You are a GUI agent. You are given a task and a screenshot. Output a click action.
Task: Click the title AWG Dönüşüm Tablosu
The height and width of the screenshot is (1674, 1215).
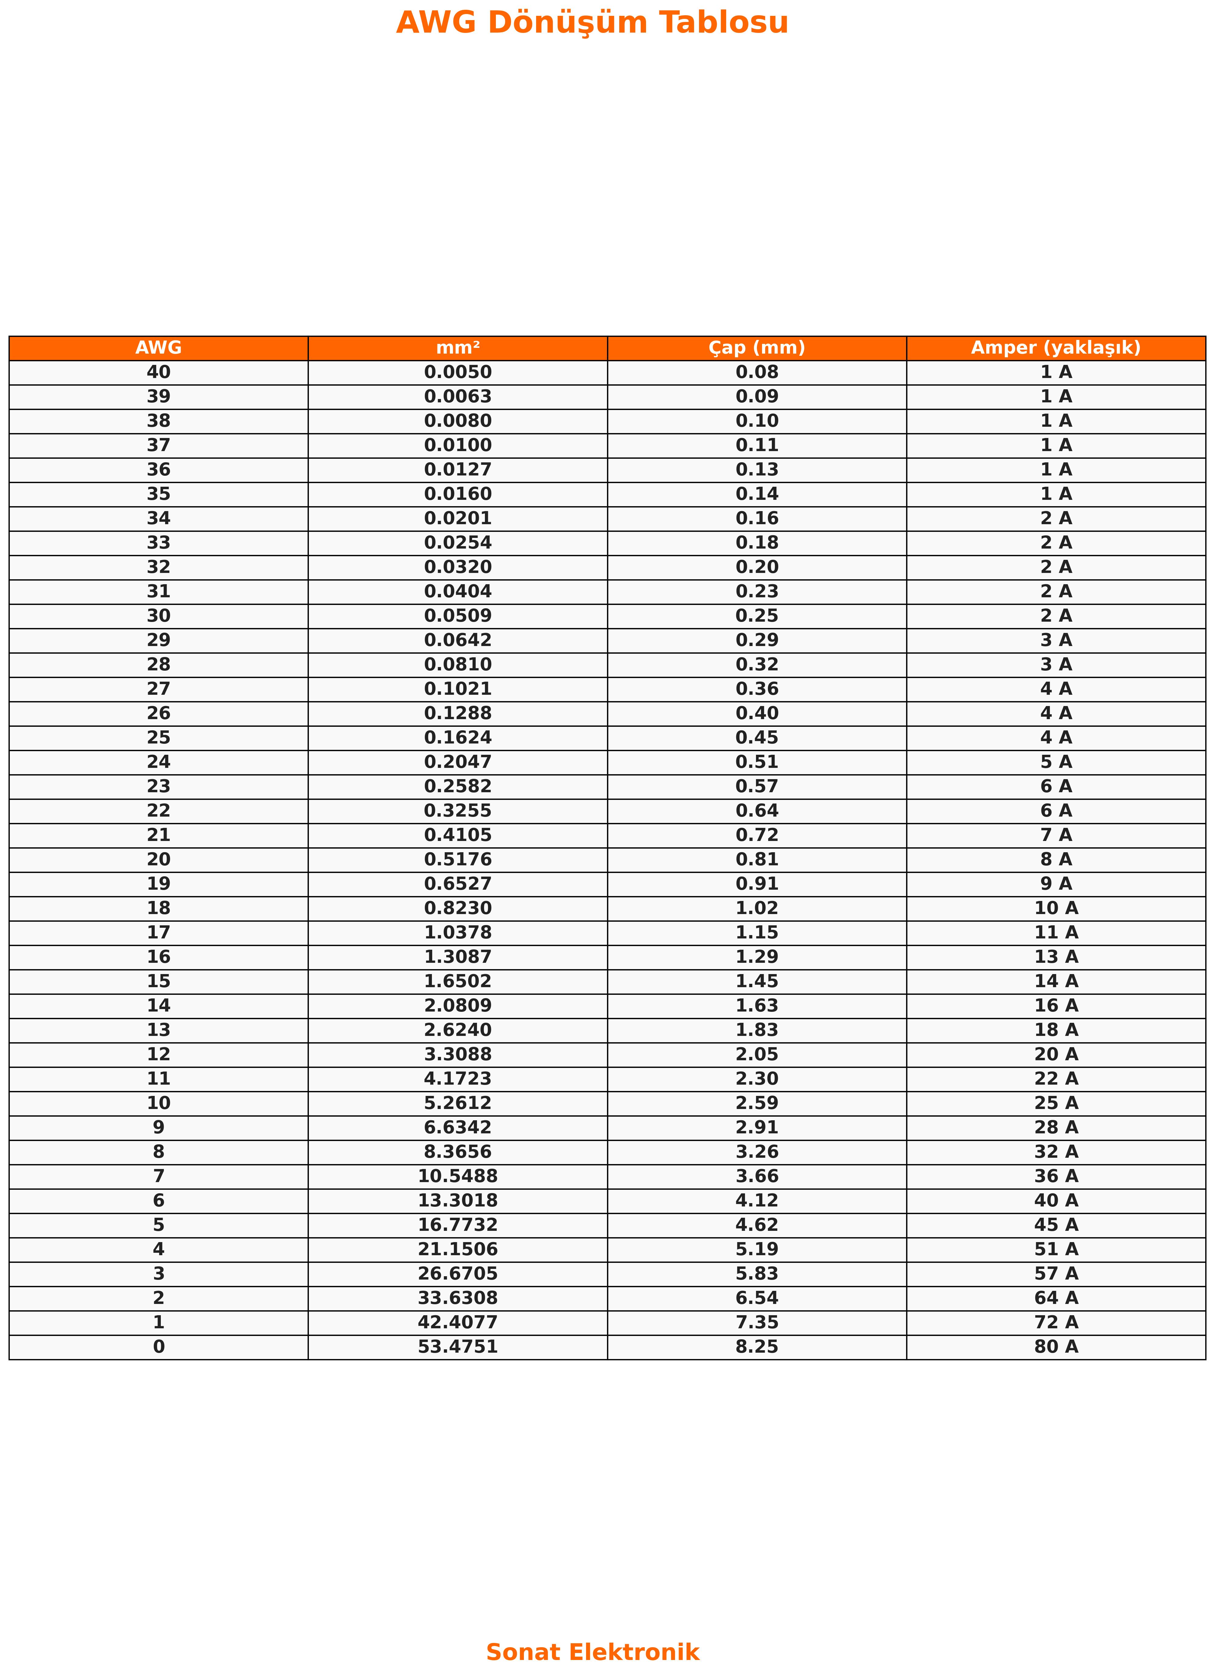pyautogui.click(x=592, y=23)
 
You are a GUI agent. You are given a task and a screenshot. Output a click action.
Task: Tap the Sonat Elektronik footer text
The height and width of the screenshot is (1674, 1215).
pyautogui.click(x=592, y=1652)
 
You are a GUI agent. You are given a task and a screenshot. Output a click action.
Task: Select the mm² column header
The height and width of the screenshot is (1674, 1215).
pyautogui.click(x=458, y=348)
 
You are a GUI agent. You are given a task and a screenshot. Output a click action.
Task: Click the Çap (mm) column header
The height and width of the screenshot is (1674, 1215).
pyautogui.click(x=757, y=348)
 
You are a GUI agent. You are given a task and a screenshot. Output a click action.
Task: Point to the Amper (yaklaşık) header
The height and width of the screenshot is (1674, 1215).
pyautogui.click(x=1056, y=348)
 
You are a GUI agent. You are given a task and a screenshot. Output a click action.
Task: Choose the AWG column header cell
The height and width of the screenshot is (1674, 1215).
pyautogui.click(x=159, y=348)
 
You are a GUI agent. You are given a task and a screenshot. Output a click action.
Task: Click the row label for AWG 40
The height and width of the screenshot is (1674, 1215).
pyautogui.click(x=159, y=372)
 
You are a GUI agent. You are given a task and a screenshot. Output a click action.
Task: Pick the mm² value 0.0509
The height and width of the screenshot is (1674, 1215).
pyautogui.click(x=458, y=616)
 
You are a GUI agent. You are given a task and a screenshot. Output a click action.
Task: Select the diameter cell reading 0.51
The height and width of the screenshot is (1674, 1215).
pyautogui.click(x=757, y=762)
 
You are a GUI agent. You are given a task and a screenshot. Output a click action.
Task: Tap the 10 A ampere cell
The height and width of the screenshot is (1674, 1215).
pyautogui.click(x=1056, y=908)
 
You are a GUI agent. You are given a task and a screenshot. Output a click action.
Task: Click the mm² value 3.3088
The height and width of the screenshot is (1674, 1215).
pyautogui.click(x=458, y=1054)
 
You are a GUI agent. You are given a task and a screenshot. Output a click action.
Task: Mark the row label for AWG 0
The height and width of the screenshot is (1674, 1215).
pyautogui.click(x=159, y=1346)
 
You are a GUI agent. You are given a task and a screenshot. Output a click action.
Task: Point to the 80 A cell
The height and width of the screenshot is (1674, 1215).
pyautogui.click(x=1056, y=1346)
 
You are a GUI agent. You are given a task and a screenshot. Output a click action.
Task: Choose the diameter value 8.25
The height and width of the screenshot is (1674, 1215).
pyautogui.click(x=757, y=1346)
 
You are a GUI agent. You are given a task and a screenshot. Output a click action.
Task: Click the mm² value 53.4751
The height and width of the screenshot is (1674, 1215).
pyautogui.click(x=458, y=1346)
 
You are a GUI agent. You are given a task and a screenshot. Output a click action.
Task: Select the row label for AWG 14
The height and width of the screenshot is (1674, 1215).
pyautogui.click(x=159, y=1005)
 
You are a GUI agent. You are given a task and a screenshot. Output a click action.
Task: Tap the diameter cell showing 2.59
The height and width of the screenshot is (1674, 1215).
pyautogui.click(x=757, y=1103)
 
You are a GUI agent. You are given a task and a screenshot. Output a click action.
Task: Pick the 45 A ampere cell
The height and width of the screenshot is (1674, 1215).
pyautogui.click(x=1056, y=1224)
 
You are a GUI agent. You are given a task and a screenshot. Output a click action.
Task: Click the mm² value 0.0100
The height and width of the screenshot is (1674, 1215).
pyautogui.click(x=458, y=445)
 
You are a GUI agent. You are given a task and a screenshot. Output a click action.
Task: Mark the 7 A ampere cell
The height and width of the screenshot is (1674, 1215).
pyautogui.click(x=1056, y=835)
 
